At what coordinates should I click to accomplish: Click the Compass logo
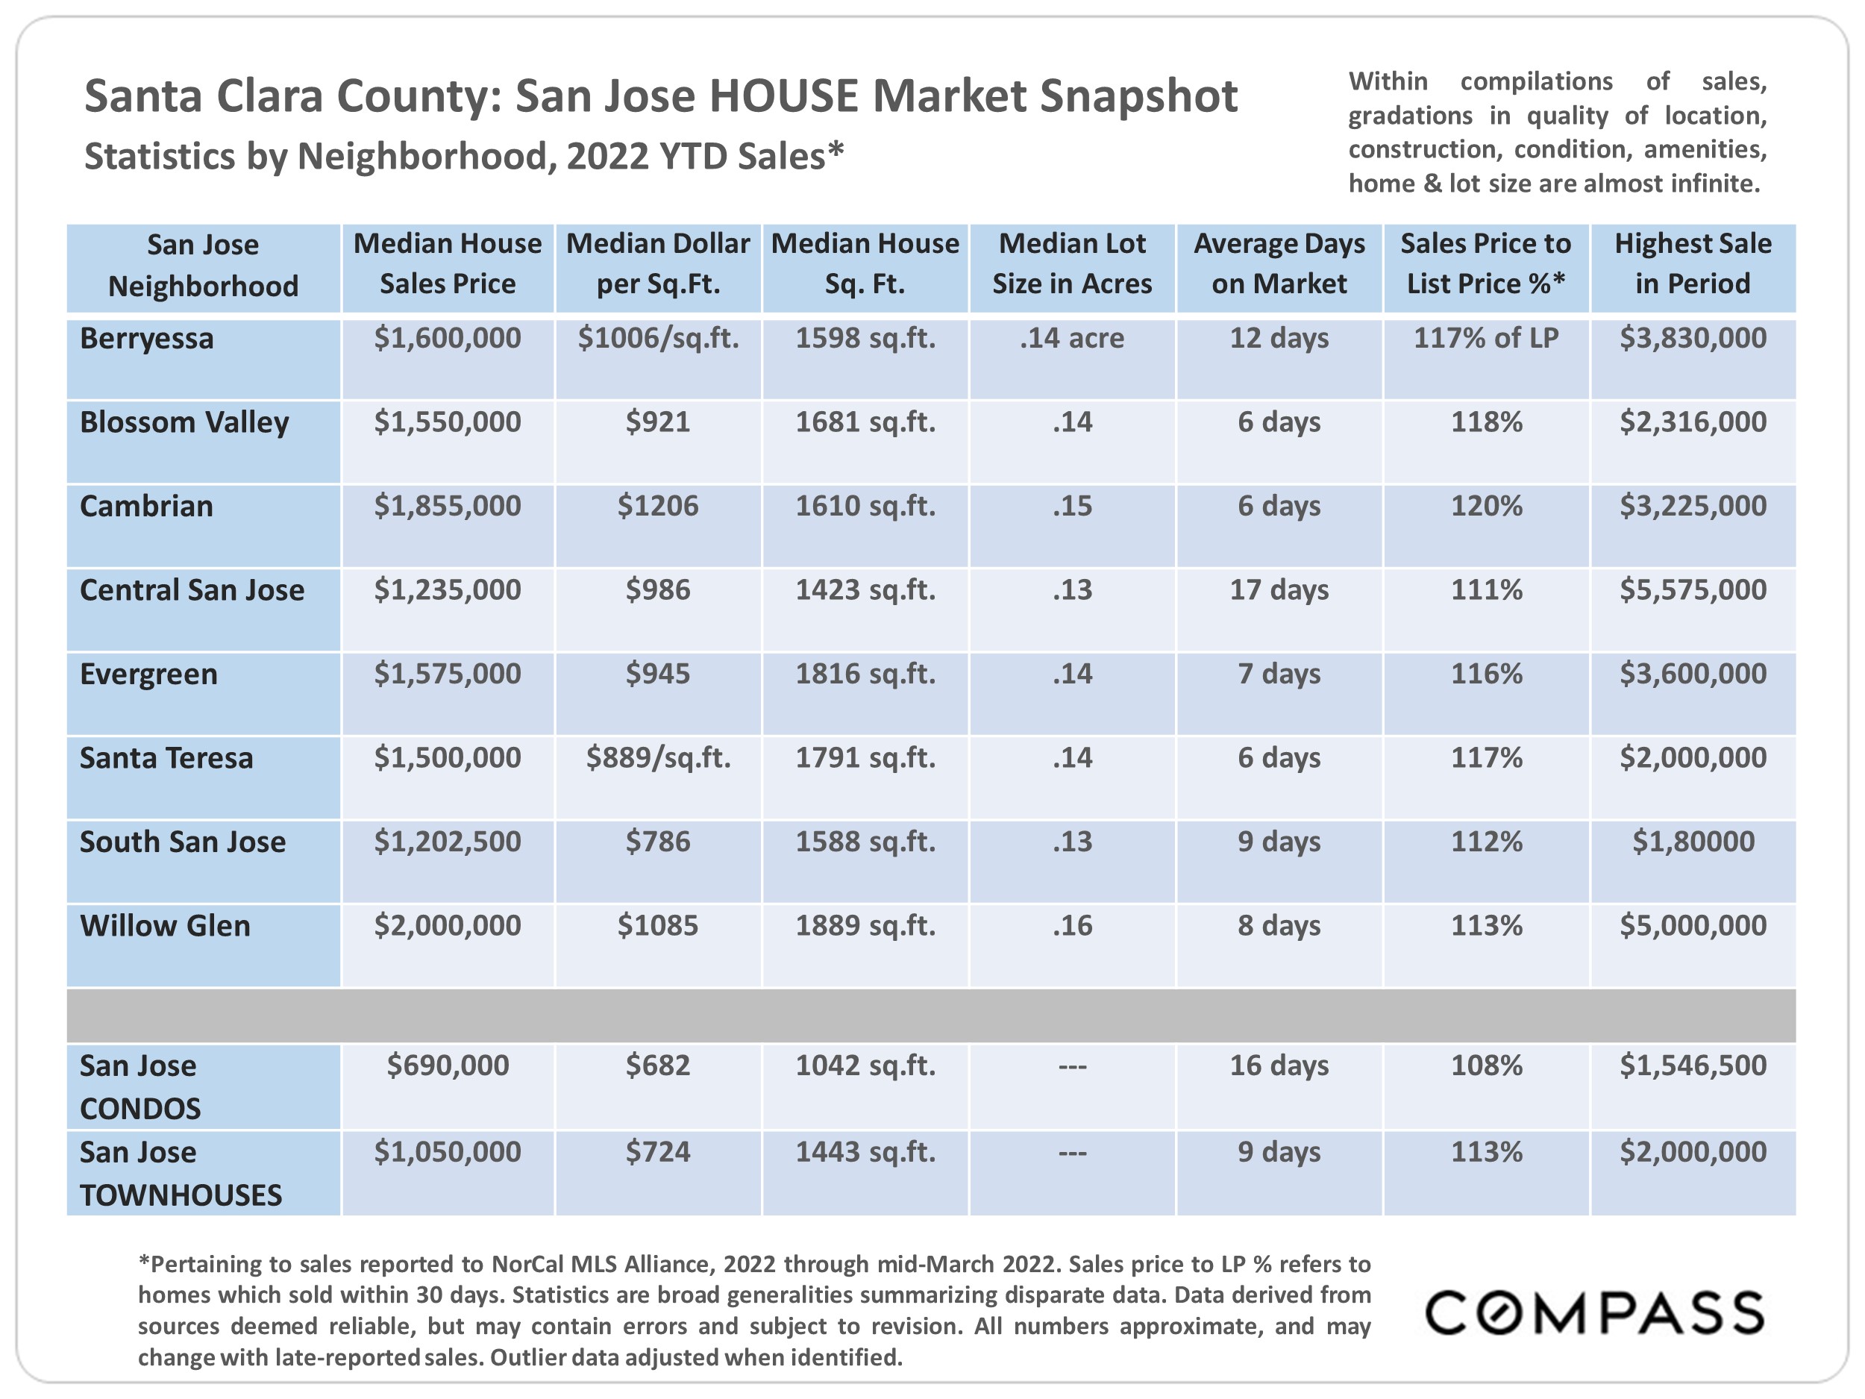tap(1593, 1313)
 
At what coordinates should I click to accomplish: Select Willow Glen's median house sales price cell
tap(448, 926)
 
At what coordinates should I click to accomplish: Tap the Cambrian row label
tap(147, 506)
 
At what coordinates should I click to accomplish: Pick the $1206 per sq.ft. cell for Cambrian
tap(658, 506)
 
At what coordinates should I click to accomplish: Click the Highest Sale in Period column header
tap(1692, 264)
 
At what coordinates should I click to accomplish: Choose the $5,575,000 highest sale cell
tap(1692, 589)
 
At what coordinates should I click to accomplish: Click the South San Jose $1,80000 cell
tap(1692, 842)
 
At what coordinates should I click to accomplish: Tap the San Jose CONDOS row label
tap(140, 1087)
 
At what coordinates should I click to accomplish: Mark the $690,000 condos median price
tap(448, 1066)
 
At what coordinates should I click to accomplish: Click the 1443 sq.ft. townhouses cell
tap(865, 1152)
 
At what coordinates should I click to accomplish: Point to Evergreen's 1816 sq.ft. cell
tap(865, 674)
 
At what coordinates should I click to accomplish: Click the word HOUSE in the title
tap(783, 96)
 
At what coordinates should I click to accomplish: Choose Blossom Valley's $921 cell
tap(658, 422)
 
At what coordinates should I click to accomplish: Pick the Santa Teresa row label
tap(166, 758)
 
